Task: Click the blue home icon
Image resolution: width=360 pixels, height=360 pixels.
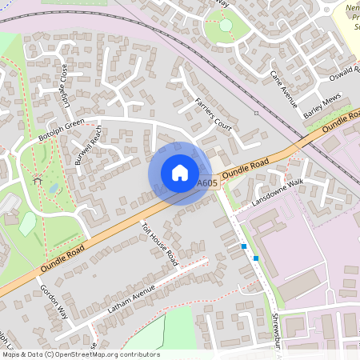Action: coord(180,173)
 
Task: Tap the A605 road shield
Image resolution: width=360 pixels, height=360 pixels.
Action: coord(207,183)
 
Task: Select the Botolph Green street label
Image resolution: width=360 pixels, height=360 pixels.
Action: coord(61,130)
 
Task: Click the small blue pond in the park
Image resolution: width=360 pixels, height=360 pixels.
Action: coord(53,188)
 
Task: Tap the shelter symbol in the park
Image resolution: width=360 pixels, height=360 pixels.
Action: coord(37,180)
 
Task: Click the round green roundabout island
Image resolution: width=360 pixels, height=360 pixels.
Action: coord(226,25)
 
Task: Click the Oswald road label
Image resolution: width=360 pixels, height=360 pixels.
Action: coord(346,74)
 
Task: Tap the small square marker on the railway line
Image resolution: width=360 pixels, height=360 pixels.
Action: coord(255,113)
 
